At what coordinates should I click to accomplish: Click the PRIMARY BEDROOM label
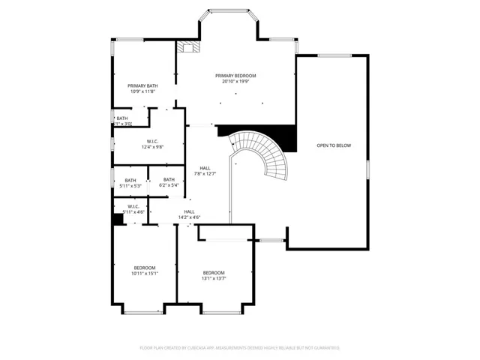tap(235, 76)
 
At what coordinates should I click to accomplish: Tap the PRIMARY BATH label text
tap(142, 86)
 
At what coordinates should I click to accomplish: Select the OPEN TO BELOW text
tap(333, 145)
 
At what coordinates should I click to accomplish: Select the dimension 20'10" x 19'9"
tap(235, 82)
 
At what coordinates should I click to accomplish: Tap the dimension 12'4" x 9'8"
tap(152, 147)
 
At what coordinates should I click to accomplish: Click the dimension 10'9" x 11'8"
tap(142, 92)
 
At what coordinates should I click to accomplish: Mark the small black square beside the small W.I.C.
tap(117, 219)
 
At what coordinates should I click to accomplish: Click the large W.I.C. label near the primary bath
tap(152, 141)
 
